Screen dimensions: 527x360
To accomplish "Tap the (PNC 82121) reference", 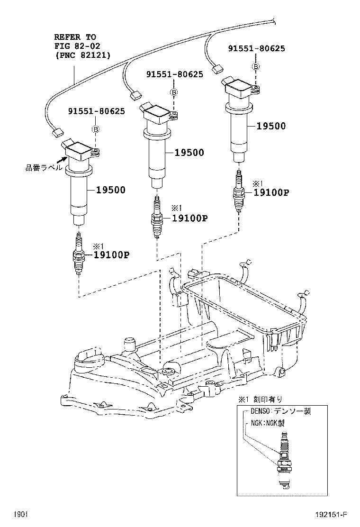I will tap(83, 55).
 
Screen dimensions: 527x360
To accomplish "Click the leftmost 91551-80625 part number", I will tap(96, 111).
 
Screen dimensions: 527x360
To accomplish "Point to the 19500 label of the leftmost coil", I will tap(111, 190).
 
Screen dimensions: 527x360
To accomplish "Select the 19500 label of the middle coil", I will tap(189, 153).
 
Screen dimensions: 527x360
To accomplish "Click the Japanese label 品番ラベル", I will tap(43, 167).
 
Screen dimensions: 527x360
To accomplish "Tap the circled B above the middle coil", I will tap(174, 91).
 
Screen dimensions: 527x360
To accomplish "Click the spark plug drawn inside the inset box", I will tap(284, 460).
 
